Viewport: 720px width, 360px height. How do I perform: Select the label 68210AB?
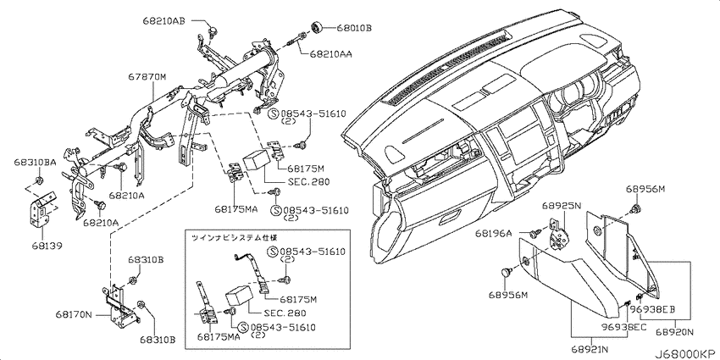coord(163,20)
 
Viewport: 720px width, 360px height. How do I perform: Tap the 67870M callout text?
coord(147,78)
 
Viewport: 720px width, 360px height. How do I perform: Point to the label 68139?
coord(47,246)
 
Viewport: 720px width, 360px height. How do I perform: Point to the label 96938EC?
coord(624,327)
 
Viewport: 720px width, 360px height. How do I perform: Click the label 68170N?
coord(75,315)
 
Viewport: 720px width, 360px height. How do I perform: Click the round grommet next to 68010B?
coord(317,28)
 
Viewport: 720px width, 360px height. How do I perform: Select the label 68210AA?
coord(330,55)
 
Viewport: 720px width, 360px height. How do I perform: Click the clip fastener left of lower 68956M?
coord(506,272)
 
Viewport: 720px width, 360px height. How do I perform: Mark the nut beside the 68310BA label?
coord(39,179)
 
